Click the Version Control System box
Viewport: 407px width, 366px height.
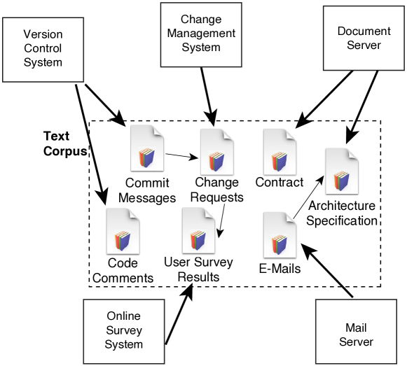click(43, 50)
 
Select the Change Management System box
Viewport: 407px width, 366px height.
click(201, 35)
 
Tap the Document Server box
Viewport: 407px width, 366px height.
click(363, 38)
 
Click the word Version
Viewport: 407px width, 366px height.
click(43, 35)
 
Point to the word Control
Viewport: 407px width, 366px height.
click(43, 48)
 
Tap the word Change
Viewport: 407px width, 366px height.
click(201, 20)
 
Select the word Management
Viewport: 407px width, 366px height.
click(201, 34)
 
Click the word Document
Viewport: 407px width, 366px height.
click(364, 31)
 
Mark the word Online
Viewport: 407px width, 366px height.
click(124, 316)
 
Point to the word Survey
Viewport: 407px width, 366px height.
click(124, 330)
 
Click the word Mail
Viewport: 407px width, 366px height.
click(356, 328)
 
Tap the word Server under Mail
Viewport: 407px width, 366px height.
click(356, 342)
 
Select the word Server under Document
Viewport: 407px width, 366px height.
click(364, 45)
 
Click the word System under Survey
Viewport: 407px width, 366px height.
click(124, 344)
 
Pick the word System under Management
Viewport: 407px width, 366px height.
click(201, 48)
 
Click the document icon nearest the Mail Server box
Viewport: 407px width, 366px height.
click(280, 236)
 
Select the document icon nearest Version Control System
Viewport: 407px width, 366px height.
click(147, 148)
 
